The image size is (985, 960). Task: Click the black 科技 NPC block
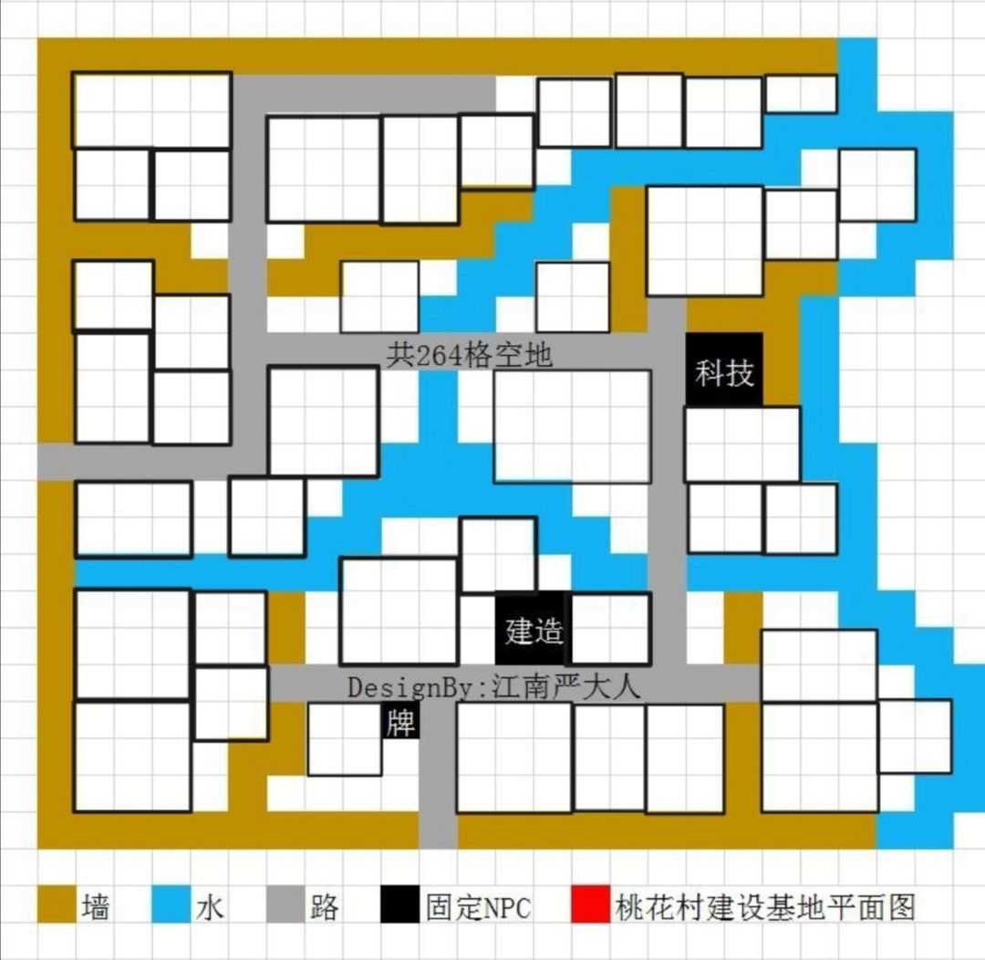[x=724, y=370]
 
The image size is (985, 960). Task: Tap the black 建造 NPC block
[x=533, y=630]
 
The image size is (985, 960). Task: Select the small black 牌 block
[x=399, y=723]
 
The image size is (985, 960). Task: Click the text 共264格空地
[x=469, y=354]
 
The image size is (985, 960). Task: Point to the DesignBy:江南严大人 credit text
[x=493, y=687]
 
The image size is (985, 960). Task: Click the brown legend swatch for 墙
[x=55, y=905]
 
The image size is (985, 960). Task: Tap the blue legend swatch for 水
[x=170, y=905]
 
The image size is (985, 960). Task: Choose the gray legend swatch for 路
[x=285, y=905]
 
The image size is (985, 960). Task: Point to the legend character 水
[x=209, y=906]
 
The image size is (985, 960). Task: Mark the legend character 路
[x=324, y=906]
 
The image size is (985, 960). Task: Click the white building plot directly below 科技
[x=741, y=444]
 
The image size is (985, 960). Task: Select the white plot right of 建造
[x=610, y=629]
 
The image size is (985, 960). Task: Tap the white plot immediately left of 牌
[x=344, y=739]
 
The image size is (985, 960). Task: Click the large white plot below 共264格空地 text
[x=572, y=425]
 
